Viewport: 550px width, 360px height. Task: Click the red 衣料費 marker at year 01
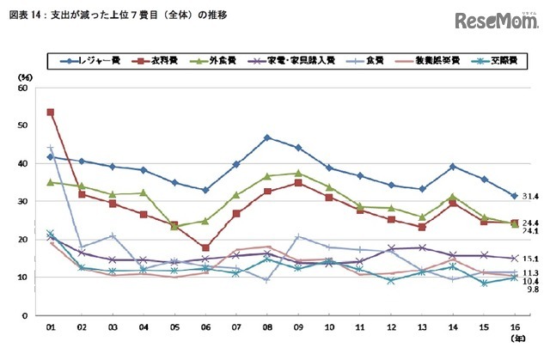[x=51, y=112]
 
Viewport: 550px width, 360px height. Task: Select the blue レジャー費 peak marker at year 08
[x=267, y=137]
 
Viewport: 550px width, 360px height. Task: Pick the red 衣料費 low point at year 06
[x=205, y=247]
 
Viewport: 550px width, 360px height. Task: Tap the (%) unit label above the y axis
[x=24, y=76]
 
